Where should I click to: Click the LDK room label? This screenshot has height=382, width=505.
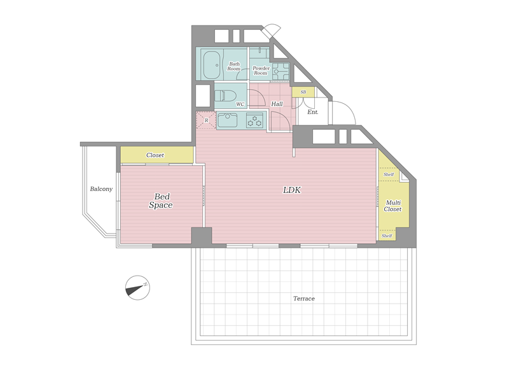[x=292, y=190]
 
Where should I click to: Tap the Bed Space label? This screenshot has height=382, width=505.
[x=161, y=201]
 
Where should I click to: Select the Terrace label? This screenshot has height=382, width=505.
[x=304, y=299]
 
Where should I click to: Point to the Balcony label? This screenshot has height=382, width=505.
[x=101, y=189]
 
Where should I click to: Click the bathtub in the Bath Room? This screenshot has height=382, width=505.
[x=212, y=65]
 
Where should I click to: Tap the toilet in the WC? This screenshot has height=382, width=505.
[x=225, y=96]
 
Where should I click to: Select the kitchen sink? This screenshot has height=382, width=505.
[x=228, y=120]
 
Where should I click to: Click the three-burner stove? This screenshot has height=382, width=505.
[x=255, y=120]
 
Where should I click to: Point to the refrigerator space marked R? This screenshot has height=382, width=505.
[x=206, y=120]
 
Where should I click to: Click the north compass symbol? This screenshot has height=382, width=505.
[x=137, y=288]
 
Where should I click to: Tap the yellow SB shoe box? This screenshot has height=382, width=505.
[x=303, y=92]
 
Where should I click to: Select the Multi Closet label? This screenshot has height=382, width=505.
[x=392, y=206]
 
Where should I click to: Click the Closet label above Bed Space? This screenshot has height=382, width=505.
[x=155, y=155]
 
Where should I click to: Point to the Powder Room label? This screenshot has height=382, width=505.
[x=261, y=71]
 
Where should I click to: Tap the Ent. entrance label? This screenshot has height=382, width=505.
[x=313, y=112]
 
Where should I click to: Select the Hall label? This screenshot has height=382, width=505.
[x=277, y=104]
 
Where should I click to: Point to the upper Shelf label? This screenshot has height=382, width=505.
[x=389, y=174]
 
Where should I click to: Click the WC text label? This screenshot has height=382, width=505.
[x=240, y=104]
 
